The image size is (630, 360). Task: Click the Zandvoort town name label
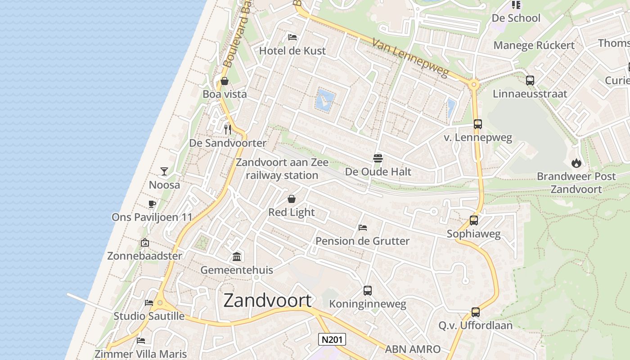(x=267, y=300)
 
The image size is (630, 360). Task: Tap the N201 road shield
(x=332, y=339)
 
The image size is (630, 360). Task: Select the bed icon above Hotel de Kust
(x=292, y=37)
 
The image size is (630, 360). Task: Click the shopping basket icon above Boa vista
(x=225, y=81)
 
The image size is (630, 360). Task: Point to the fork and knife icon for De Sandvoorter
(x=228, y=130)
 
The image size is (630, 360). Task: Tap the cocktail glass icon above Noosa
(x=164, y=171)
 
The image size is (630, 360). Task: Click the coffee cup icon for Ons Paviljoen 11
(x=152, y=204)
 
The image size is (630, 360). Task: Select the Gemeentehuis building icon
(x=237, y=256)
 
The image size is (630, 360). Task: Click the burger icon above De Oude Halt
(x=378, y=158)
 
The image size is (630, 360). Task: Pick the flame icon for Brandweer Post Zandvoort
(x=576, y=163)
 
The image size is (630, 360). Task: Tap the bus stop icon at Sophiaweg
(x=474, y=220)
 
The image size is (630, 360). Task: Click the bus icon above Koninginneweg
(x=368, y=291)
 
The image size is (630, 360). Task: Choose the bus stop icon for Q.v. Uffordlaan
(x=476, y=312)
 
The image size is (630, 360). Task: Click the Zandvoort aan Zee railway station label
(x=282, y=169)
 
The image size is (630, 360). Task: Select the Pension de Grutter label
(x=362, y=241)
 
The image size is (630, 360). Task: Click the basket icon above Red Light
(x=292, y=199)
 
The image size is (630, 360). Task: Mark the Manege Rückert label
(x=534, y=45)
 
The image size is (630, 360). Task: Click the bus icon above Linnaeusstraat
(x=530, y=81)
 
